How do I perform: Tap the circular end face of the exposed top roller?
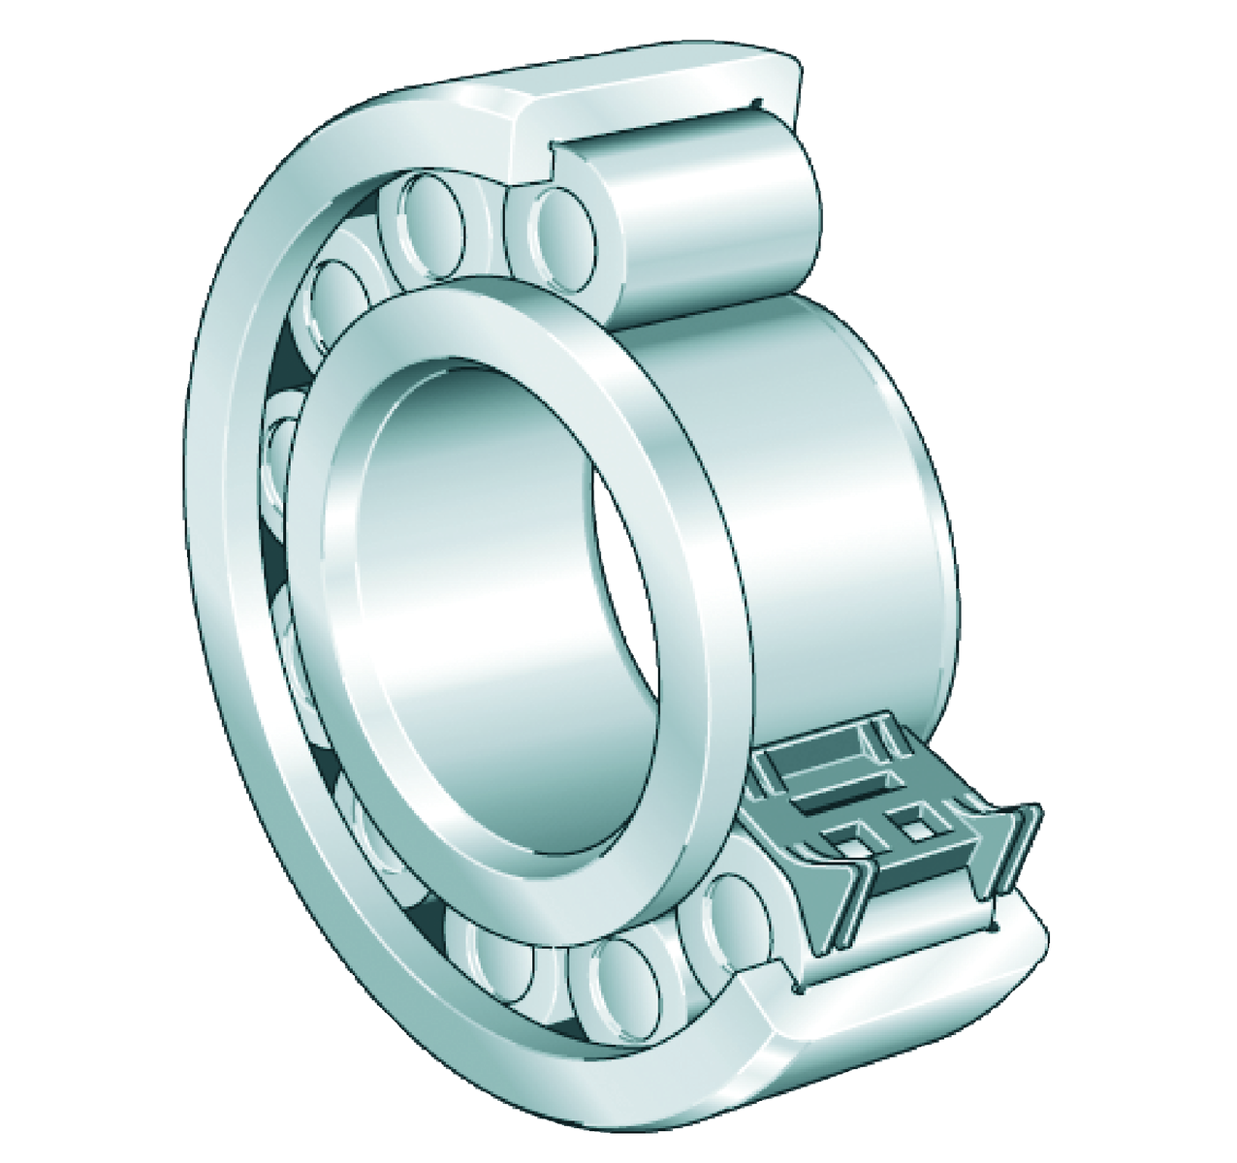562,233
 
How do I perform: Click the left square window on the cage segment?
843,842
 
